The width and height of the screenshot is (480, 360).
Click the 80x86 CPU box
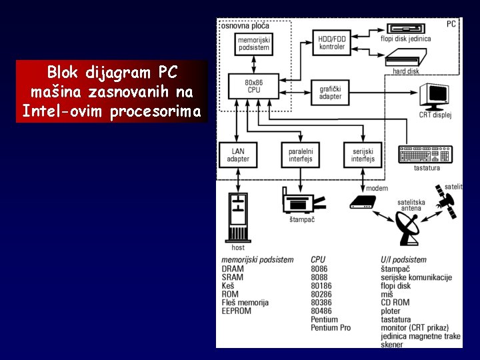coord(254,85)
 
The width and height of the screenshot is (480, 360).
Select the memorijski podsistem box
coord(254,44)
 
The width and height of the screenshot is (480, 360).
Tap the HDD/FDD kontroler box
coord(332,43)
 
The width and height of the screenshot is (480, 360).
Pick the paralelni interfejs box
coord(300,155)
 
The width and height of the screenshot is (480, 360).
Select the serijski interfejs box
coord(363,155)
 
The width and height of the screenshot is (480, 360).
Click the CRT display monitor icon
coord(437,96)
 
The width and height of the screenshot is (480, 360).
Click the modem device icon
coord(364,201)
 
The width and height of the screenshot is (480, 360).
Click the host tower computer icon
coord(237,217)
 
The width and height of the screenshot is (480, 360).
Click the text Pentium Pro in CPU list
coord(331,328)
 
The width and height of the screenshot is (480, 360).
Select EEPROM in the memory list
coord(237,311)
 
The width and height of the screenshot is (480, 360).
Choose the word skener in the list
coord(392,345)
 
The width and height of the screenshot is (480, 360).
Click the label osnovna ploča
coord(245,25)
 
